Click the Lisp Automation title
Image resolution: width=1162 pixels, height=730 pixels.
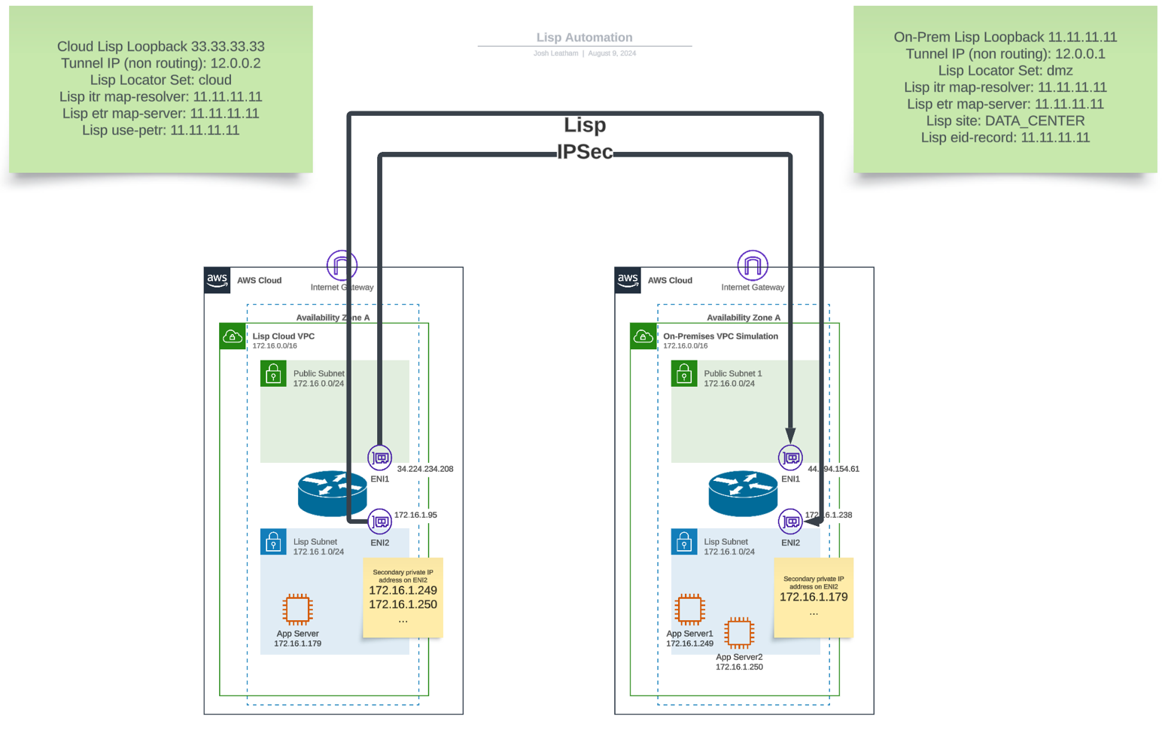tap(584, 37)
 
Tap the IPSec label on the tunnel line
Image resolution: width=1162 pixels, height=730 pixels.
tap(585, 152)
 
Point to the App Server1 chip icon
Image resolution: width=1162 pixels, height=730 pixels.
tap(689, 609)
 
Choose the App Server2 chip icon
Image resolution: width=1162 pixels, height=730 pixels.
tap(739, 633)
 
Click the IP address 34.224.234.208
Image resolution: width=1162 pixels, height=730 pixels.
tap(424, 469)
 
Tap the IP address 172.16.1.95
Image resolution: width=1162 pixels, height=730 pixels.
tap(415, 515)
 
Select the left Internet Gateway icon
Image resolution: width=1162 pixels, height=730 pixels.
tap(342, 265)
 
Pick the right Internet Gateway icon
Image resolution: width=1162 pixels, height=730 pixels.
tap(753, 265)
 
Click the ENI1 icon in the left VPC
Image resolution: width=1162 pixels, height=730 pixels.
tap(380, 458)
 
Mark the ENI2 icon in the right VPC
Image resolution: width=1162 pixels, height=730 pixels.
tap(790, 522)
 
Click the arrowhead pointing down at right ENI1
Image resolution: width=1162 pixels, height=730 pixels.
tap(790, 435)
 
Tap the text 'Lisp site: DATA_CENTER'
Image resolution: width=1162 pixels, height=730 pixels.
tap(1005, 120)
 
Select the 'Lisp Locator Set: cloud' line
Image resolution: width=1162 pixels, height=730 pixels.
tap(160, 80)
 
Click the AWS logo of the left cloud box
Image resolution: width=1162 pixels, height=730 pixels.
tap(217, 280)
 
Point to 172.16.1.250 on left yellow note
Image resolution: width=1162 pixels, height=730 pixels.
tap(403, 604)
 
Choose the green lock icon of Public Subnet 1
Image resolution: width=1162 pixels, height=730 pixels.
tap(684, 373)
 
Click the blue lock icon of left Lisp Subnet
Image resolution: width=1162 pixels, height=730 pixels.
tap(273, 542)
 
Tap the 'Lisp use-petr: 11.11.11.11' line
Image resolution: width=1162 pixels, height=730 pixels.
tap(160, 130)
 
